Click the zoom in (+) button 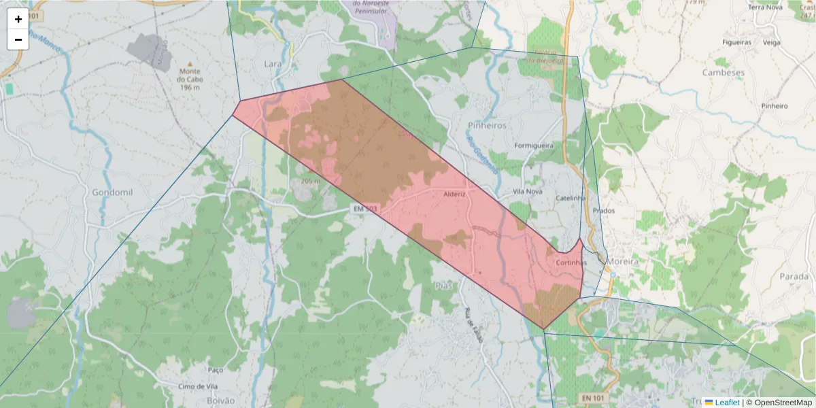coord(18,19)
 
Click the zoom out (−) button coord(18,39)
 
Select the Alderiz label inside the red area coord(454,194)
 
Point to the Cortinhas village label coord(571,262)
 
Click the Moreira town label coord(624,261)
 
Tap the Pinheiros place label coord(488,126)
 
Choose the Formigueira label coord(534,146)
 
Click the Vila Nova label coord(527,192)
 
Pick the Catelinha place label coord(571,198)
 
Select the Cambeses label coord(723,73)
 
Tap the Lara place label coord(273,64)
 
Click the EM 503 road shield coord(365,209)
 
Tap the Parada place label coord(794,277)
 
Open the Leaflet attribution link coord(726,403)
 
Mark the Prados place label coord(603,211)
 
